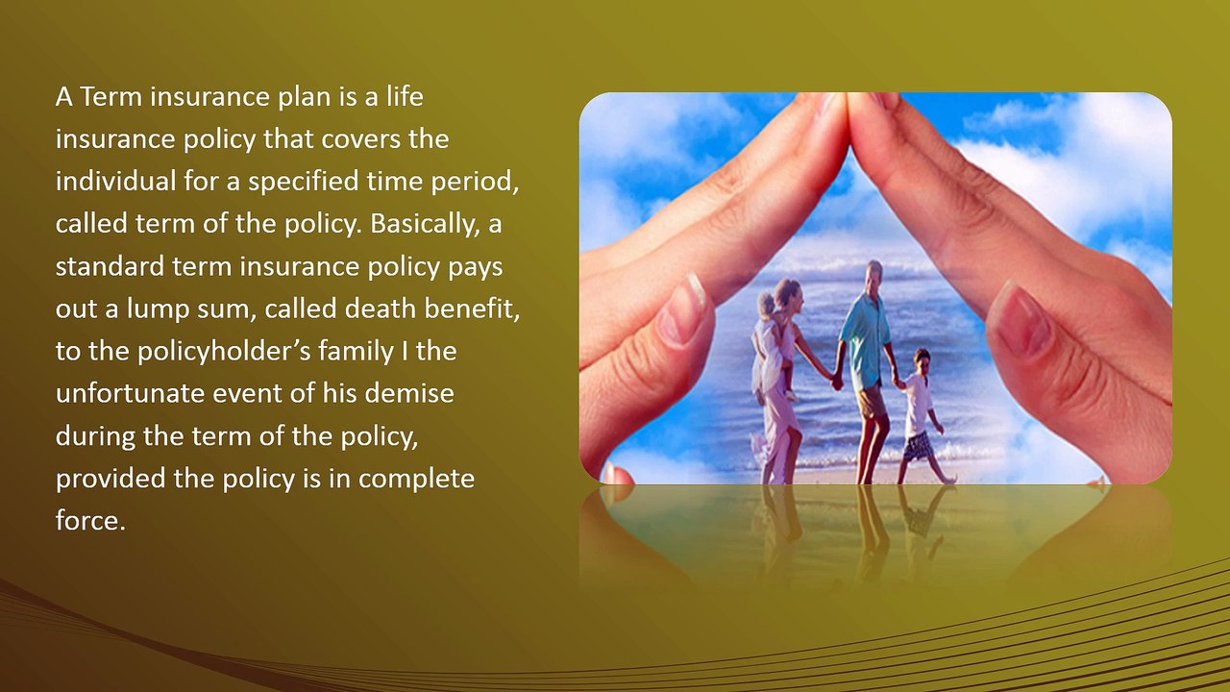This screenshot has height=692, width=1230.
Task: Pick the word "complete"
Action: (x=416, y=479)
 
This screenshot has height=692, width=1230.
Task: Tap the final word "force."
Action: (x=90, y=522)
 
